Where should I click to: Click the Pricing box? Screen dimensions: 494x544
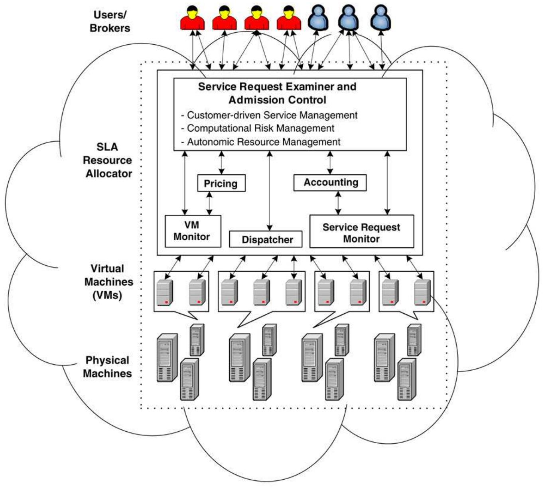point(221,183)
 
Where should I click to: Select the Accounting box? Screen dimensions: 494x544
point(330,183)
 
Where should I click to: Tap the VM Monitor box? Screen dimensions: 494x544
point(193,231)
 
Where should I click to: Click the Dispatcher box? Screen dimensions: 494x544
point(266,239)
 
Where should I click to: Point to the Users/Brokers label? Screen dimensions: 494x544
point(110,22)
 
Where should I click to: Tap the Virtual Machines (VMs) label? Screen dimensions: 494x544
point(108,282)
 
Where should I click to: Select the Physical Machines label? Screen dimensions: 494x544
point(107,367)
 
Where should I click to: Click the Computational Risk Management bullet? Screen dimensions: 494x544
point(260,128)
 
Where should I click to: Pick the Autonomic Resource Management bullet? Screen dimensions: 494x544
point(263,142)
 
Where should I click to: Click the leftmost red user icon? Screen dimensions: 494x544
point(193,18)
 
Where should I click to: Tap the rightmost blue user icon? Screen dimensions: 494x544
point(380,18)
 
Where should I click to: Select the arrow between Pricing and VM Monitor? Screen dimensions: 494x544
point(209,204)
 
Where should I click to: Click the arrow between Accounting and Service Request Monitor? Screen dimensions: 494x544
point(338,203)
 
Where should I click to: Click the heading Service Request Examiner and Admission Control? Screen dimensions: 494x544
point(277,93)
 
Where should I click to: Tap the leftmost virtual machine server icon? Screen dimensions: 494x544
point(165,292)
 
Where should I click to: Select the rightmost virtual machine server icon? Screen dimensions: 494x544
point(422,292)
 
